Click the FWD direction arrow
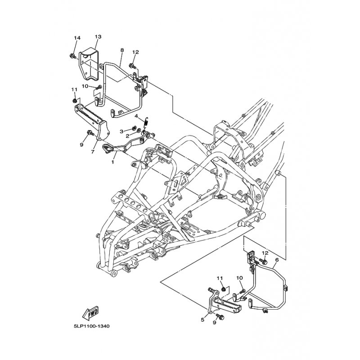point(91,313)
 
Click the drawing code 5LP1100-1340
point(92,326)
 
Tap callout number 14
point(77,38)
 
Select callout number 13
point(98,37)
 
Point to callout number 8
point(122,50)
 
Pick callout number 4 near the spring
point(136,116)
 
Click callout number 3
point(121,131)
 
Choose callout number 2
point(127,136)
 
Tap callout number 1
point(113,162)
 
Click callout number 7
point(93,152)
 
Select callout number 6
point(277,260)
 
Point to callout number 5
point(202,319)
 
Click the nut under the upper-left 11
point(75,101)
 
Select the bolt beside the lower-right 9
point(220,317)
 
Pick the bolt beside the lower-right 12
point(263,261)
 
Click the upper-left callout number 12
point(135,52)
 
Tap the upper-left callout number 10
point(85,86)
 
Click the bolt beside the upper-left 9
point(90,133)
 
